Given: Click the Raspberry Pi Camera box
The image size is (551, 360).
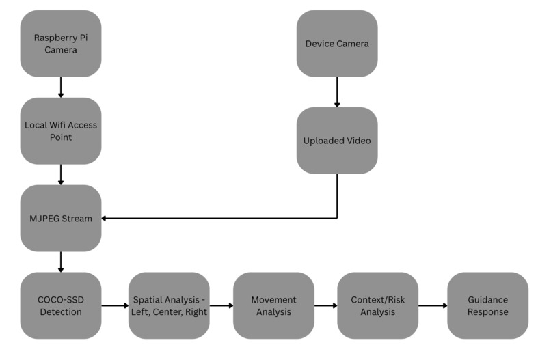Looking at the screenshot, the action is (61, 44).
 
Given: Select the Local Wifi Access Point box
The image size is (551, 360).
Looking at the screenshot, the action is (61, 131).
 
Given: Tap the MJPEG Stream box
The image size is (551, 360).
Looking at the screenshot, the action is (61, 218).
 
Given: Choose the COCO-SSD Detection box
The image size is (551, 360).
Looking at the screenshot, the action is (61, 305).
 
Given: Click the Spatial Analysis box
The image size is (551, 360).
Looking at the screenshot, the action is (169, 305).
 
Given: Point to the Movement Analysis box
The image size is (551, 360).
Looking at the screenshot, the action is (273, 305).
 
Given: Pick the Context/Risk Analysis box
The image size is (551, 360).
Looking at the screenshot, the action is (378, 305).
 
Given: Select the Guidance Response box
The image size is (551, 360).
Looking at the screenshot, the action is (487, 305).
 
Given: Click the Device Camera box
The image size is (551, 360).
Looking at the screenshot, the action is (337, 44).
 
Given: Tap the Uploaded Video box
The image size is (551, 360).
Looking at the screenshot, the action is (337, 141).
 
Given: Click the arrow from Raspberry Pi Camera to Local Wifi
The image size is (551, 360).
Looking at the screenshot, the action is (61, 87).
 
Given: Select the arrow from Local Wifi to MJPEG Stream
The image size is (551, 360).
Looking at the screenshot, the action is (61, 175).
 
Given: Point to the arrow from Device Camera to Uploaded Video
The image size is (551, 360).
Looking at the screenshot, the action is (337, 92).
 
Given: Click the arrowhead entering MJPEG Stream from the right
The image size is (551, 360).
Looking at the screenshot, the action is (104, 218).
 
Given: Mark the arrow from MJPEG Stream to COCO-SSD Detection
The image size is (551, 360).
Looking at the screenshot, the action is (61, 262).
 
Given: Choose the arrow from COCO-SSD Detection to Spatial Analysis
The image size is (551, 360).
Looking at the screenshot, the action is (115, 305).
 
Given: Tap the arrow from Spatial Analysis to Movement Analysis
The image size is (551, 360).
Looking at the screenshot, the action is (221, 305).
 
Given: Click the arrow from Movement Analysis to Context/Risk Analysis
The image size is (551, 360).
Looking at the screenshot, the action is (326, 305).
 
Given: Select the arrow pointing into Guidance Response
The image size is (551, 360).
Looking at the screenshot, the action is (433, 305).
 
